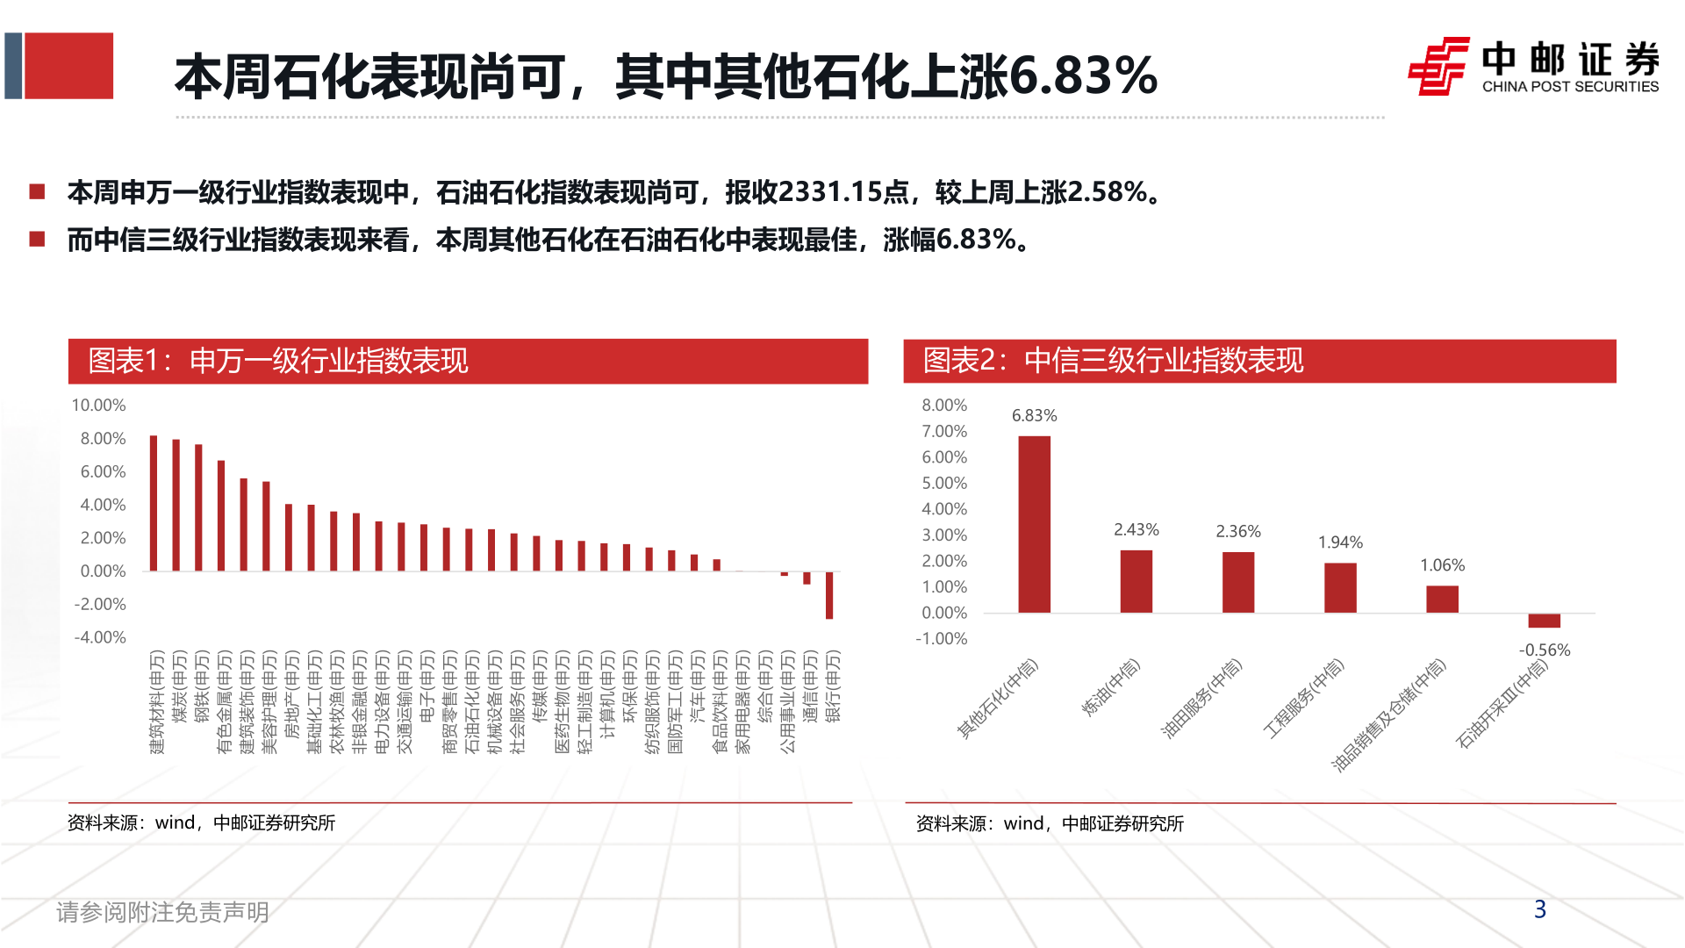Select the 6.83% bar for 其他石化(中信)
pos(1034,524)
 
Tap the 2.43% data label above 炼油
pos(1136,530)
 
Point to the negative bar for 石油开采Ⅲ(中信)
pos(1544,621)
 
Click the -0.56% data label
pos(1544,650)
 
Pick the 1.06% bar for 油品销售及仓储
pos(1442,599)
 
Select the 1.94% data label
pos(1340,542)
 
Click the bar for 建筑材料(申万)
pos(154,503)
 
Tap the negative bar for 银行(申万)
pos(829,595)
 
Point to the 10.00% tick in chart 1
pos(99,406)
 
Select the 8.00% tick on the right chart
pos(944,406)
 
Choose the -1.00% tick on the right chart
pos(942,639)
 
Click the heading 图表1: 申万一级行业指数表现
pos(279,361)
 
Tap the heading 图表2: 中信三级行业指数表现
pos(1113,361)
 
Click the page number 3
pos(1539,909)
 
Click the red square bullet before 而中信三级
pos(37,239)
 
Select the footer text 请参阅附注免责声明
pos(162,913)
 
